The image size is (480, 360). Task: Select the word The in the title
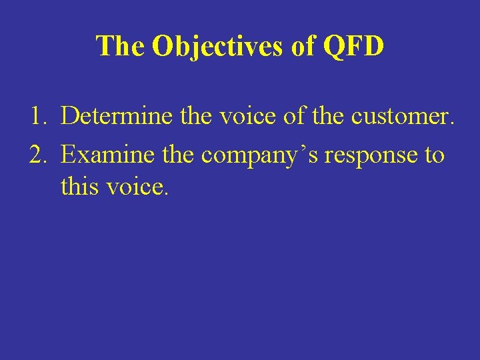[x=121, y=47]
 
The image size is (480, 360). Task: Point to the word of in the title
[x=299, y=47]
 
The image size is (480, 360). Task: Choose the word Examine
[x=104, y=155]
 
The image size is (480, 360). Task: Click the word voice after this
[x=135, y=187]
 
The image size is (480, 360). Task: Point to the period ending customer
[x=453, y=125]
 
